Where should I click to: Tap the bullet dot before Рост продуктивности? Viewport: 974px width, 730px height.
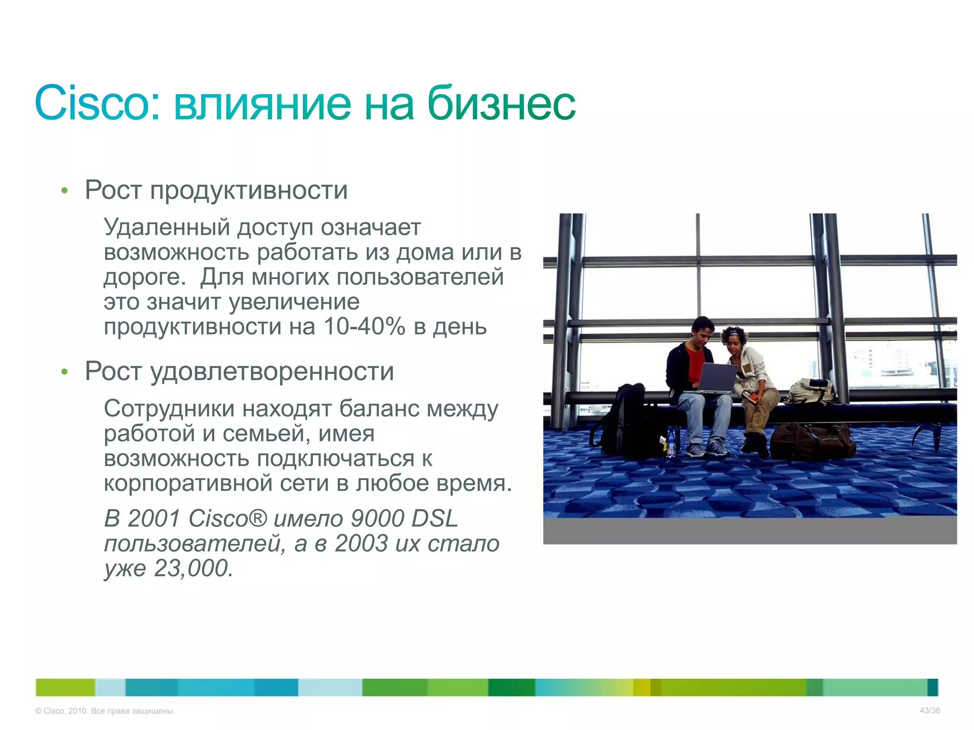65,192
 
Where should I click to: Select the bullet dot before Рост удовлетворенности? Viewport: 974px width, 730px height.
65,372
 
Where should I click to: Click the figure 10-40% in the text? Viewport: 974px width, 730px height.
364,327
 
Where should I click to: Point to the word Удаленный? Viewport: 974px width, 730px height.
167,227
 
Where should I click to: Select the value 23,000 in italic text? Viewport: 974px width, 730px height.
193,568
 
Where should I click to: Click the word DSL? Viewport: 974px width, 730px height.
434,519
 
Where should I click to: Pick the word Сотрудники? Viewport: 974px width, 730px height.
169,409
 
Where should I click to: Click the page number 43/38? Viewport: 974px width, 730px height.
929,711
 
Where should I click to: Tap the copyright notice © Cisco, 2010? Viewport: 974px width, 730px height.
105,711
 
